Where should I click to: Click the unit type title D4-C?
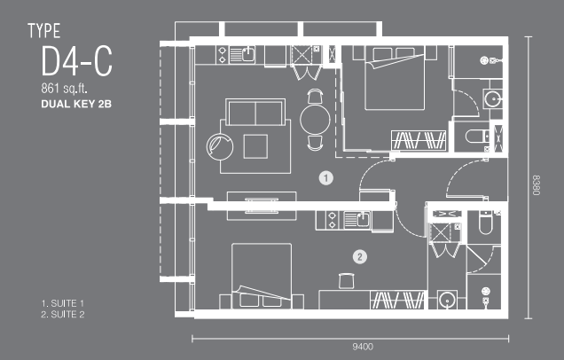click(76, 61)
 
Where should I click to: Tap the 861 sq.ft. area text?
click(65, 89)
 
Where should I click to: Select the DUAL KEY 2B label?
click(76, 104)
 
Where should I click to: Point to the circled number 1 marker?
click(325, 178)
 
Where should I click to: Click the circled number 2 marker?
click(360, 257)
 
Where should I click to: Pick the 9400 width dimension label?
click(363, 347)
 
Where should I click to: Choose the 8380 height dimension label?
click(536, 185)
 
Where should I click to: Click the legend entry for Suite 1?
click(63, 303)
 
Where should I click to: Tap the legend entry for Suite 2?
click(63, 314)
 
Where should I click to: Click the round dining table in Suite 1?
click(315, 120)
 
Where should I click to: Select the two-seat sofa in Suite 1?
click(255, 112)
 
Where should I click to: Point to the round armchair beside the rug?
click(219, 147)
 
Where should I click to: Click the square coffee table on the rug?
click(255, 146)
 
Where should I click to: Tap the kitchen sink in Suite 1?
click(248, 55)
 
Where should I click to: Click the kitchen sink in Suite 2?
click(363, 219)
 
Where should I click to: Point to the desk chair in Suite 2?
click(347, 281)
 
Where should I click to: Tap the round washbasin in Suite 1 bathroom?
click(492, 98)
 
